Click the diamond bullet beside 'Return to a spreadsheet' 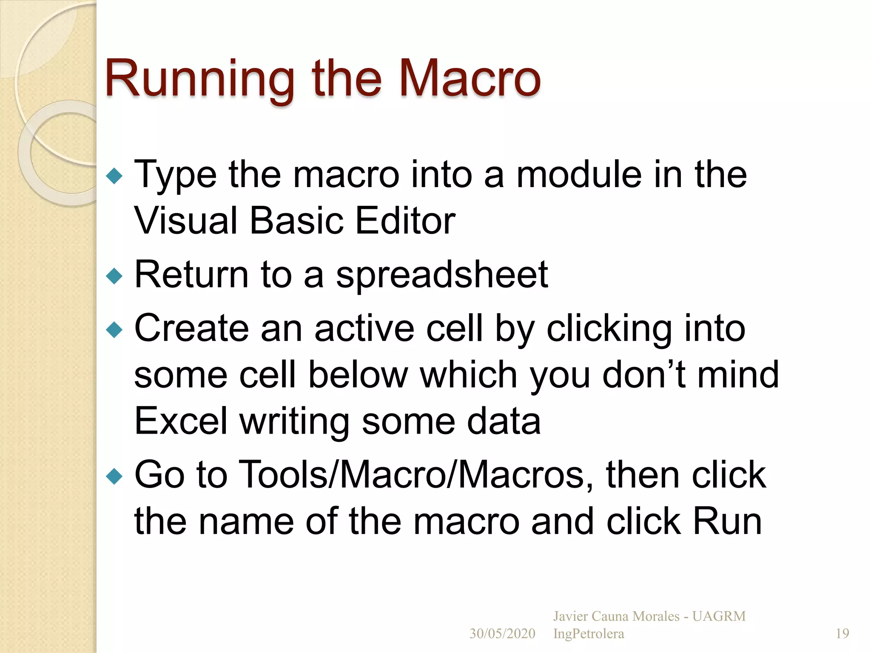tap(114, 276)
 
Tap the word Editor tap(405, 221)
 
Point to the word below tap(358, 375)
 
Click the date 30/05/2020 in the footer tap(502, 633)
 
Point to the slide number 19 tap(842, 633)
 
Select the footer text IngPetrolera tap(589, 633)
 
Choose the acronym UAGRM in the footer tap(719, 616)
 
